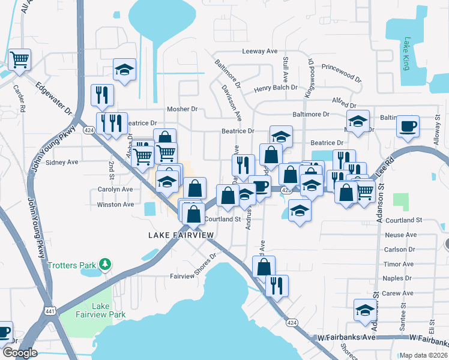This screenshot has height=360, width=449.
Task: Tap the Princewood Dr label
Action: click(342, 73)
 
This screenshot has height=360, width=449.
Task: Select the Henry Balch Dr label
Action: click(276, 88)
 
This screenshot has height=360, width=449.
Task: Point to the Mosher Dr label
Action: click(182, 110)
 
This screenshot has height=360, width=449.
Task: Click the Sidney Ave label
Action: click(62, 162)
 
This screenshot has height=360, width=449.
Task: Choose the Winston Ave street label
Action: click(115, 205)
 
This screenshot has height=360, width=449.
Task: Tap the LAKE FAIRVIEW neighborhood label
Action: click(181, 235)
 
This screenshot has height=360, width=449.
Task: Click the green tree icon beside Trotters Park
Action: click(106, 264)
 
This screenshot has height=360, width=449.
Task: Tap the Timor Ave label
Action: click(399, 264)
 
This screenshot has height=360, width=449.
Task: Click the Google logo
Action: click(20, 353)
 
